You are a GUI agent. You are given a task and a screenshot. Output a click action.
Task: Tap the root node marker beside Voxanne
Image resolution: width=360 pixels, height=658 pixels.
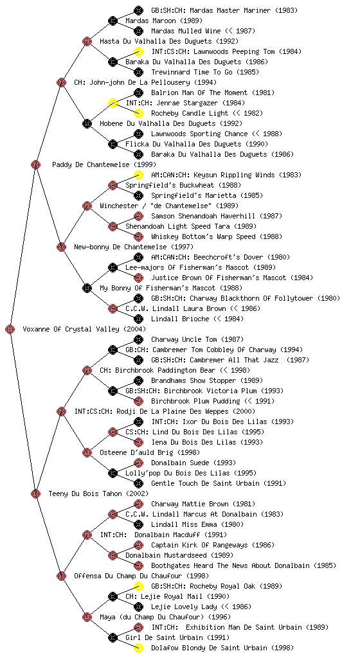(10, 329)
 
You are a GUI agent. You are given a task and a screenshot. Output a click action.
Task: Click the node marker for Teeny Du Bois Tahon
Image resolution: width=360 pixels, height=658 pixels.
(35, 493)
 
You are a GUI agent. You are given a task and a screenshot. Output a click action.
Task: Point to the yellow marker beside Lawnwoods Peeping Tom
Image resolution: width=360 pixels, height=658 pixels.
(138, 51)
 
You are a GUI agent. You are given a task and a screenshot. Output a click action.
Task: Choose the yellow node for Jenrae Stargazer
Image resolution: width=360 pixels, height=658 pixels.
(113, 103)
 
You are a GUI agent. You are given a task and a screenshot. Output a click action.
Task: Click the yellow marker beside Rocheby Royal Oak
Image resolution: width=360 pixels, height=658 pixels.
(138, 586)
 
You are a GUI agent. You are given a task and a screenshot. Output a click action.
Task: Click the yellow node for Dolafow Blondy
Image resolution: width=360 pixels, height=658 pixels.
(138, 648)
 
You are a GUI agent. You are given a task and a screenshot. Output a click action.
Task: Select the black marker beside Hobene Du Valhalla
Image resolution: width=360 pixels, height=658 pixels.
(87, 123)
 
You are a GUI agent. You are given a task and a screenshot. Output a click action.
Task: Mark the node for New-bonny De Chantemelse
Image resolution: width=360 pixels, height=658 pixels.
(61, 247)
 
